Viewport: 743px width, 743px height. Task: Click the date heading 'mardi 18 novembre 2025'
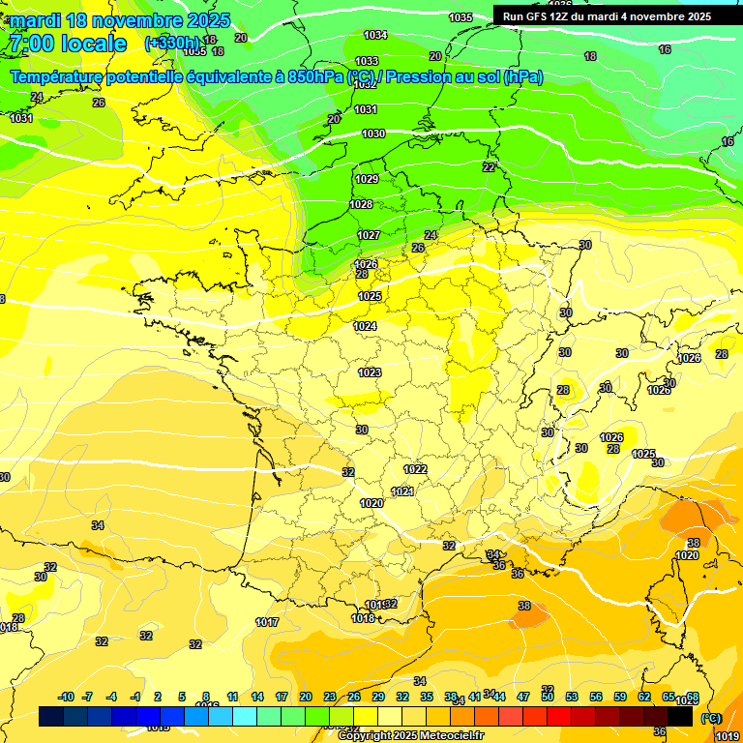120,20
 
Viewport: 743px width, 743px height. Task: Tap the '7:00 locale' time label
67,44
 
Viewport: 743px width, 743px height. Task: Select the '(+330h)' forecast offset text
173,44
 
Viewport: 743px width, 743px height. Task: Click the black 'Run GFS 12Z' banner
607,16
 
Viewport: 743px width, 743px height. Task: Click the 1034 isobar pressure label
375,36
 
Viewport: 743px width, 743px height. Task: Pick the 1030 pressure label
373,134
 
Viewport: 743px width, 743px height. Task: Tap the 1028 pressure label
361,204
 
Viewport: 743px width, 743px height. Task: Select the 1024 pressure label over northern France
365,326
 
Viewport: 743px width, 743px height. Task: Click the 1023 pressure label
370,372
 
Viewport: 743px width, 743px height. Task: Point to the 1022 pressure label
415,468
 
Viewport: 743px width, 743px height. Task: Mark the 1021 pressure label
402,491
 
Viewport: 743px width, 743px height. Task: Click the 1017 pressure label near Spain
267,622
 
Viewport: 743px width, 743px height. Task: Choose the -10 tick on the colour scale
66,697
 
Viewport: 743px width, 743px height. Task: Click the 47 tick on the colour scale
523,697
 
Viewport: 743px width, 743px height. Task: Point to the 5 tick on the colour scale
183,697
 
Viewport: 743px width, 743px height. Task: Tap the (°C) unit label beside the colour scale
711,718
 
